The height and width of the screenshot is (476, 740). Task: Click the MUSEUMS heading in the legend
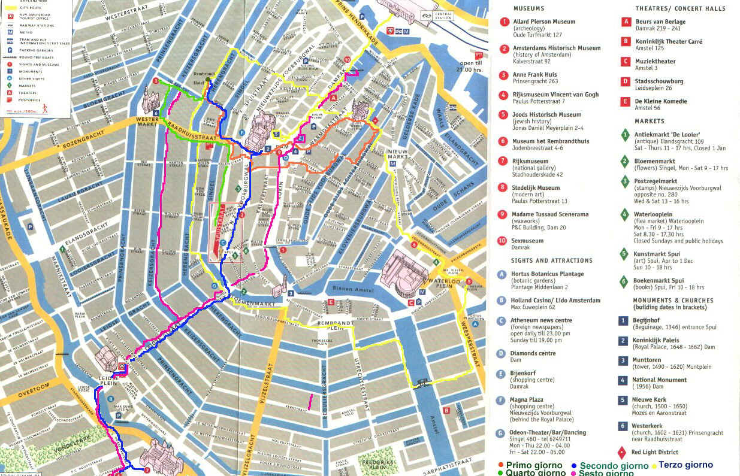tap(529, 9)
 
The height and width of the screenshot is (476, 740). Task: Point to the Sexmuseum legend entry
tap(527, 241)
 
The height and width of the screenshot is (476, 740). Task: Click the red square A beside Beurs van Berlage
tap(626, 22)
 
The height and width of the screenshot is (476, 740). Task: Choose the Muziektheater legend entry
tap(655, 61)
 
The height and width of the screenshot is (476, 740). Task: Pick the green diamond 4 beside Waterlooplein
tap(625, 214)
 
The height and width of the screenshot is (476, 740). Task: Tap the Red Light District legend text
tap(655, 452)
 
